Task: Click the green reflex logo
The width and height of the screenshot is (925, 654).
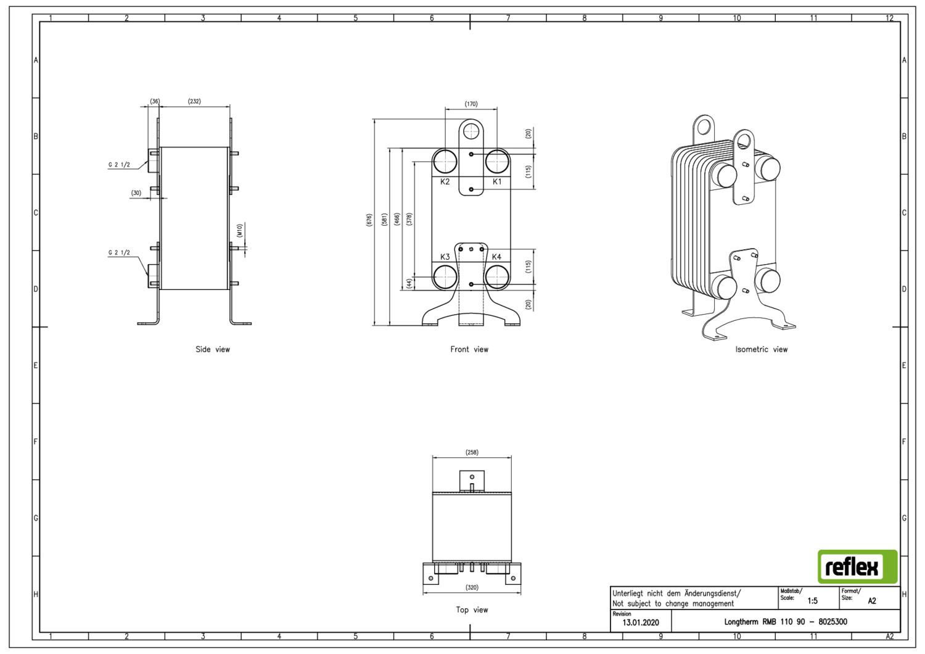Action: (x=858, y=566)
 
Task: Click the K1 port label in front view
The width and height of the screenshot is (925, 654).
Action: (x=497, y=182)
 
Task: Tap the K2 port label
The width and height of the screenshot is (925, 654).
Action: (x=445, y=182)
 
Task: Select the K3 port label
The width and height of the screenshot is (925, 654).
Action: (x=445, y=257)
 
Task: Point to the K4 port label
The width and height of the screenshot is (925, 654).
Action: (x=496, y=257)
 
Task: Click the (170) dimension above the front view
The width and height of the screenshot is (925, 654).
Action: (x=471, y=104)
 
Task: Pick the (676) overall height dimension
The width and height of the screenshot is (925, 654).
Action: (x=369, y=220)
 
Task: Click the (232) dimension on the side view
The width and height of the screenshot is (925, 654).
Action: (x=194, y=101)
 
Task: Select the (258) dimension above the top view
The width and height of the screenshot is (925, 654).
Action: (x=472, y=452)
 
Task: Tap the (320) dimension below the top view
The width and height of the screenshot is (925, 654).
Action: (x=472, y=587)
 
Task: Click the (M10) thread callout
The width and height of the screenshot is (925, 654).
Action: (x=240, y=231)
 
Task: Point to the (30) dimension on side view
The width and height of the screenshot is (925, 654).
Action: (x=136, y=193)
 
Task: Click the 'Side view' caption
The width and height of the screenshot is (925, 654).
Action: (x=213, y=349)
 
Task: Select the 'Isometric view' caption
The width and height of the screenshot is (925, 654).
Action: (x=762, y=349)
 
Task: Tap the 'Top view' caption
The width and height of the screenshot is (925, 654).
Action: (x=472, y=610)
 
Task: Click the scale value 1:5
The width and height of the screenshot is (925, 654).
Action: (x=813, y=601)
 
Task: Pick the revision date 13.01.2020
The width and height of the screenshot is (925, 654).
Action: (x=641, y=623)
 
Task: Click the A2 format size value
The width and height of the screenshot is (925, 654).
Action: (x=872, y=601)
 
